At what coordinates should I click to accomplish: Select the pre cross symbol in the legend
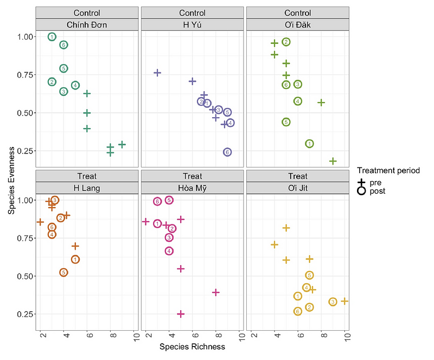coord(361,183)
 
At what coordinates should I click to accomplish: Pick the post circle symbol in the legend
coord(361,191)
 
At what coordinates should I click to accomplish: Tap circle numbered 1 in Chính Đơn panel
coord(52,37)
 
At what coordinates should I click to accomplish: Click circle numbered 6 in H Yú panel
coord(227,152)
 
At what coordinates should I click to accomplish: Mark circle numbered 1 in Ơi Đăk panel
coord(309,144)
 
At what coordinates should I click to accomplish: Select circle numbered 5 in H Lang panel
coord(63,272)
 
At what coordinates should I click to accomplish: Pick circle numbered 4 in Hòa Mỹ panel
coord(169,251)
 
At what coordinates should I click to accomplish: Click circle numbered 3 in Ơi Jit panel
coord(333,302)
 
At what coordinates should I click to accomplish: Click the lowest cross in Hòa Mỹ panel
coord(181,314)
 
